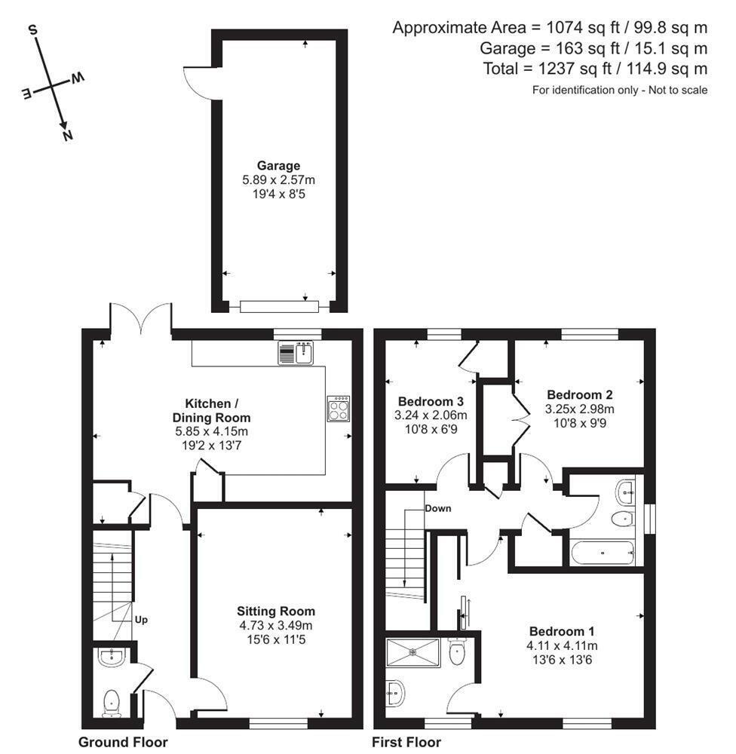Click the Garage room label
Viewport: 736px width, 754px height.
click(278, 166)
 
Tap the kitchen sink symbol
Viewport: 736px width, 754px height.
click(296, 353)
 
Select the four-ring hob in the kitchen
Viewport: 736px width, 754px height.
click(339, 408)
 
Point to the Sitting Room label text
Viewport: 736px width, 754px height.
click(275, 611)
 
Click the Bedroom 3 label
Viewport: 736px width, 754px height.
click(431, 400)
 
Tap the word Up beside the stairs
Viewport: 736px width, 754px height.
click(141, 620)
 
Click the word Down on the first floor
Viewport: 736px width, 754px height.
click(437, 508)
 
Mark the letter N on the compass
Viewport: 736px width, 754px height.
click(68, 135)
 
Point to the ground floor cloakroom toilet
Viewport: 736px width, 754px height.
click(112, 700)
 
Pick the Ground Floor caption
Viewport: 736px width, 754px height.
click(123, 742)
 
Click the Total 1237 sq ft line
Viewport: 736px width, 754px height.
click(595, 69)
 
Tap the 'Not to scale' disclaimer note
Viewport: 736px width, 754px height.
click(620, 90)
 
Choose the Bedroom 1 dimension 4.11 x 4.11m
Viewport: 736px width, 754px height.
click(563, 645)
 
